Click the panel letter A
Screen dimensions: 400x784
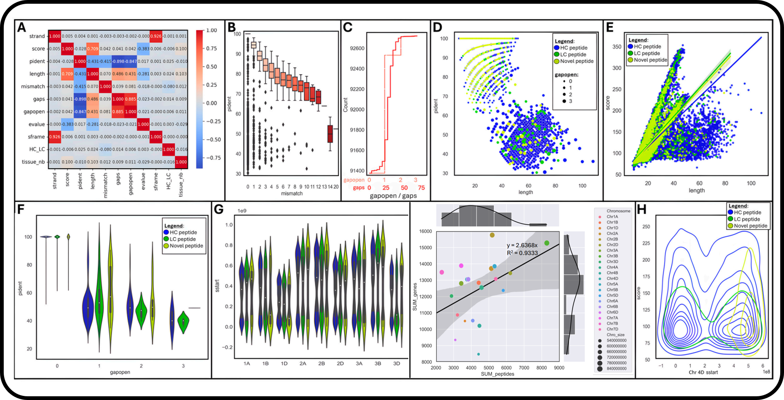[22, 27]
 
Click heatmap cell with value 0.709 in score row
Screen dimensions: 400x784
[92, 49]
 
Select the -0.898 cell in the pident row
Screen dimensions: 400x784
[118, 61]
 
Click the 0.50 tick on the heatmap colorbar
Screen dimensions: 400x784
[211, 66]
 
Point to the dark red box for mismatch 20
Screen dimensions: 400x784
[330, 134]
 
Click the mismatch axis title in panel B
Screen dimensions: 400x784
[292, 193]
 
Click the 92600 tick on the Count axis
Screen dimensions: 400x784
[357, 48]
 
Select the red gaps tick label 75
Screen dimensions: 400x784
[421, 188]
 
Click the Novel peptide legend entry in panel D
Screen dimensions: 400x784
[576, 61]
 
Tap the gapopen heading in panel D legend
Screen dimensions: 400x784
[566, 75]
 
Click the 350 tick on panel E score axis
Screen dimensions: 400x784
[617, 47]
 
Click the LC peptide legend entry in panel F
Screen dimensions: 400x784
[182, 239]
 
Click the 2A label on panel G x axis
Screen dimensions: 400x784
[303, 363]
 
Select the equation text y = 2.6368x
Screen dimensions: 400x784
[522, 245]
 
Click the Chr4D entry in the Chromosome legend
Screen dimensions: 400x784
[612, 279]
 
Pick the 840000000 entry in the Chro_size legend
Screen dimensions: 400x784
[617, 369]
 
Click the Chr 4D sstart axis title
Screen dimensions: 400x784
[703, 372]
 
